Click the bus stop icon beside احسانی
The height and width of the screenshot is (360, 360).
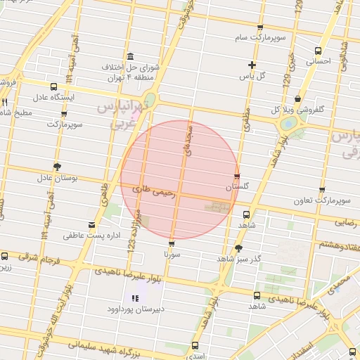coord(319,51)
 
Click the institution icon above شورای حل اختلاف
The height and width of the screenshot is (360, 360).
coord(130,57)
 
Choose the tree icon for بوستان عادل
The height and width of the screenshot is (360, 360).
coord(57,167)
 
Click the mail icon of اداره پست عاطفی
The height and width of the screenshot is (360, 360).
coord(91,225)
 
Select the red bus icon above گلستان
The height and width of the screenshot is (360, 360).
coord(237,176)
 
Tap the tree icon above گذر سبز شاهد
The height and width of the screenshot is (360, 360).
coord(238,248)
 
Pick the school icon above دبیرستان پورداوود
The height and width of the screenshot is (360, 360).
coord(135,298)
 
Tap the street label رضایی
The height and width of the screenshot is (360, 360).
coord(345,222)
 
